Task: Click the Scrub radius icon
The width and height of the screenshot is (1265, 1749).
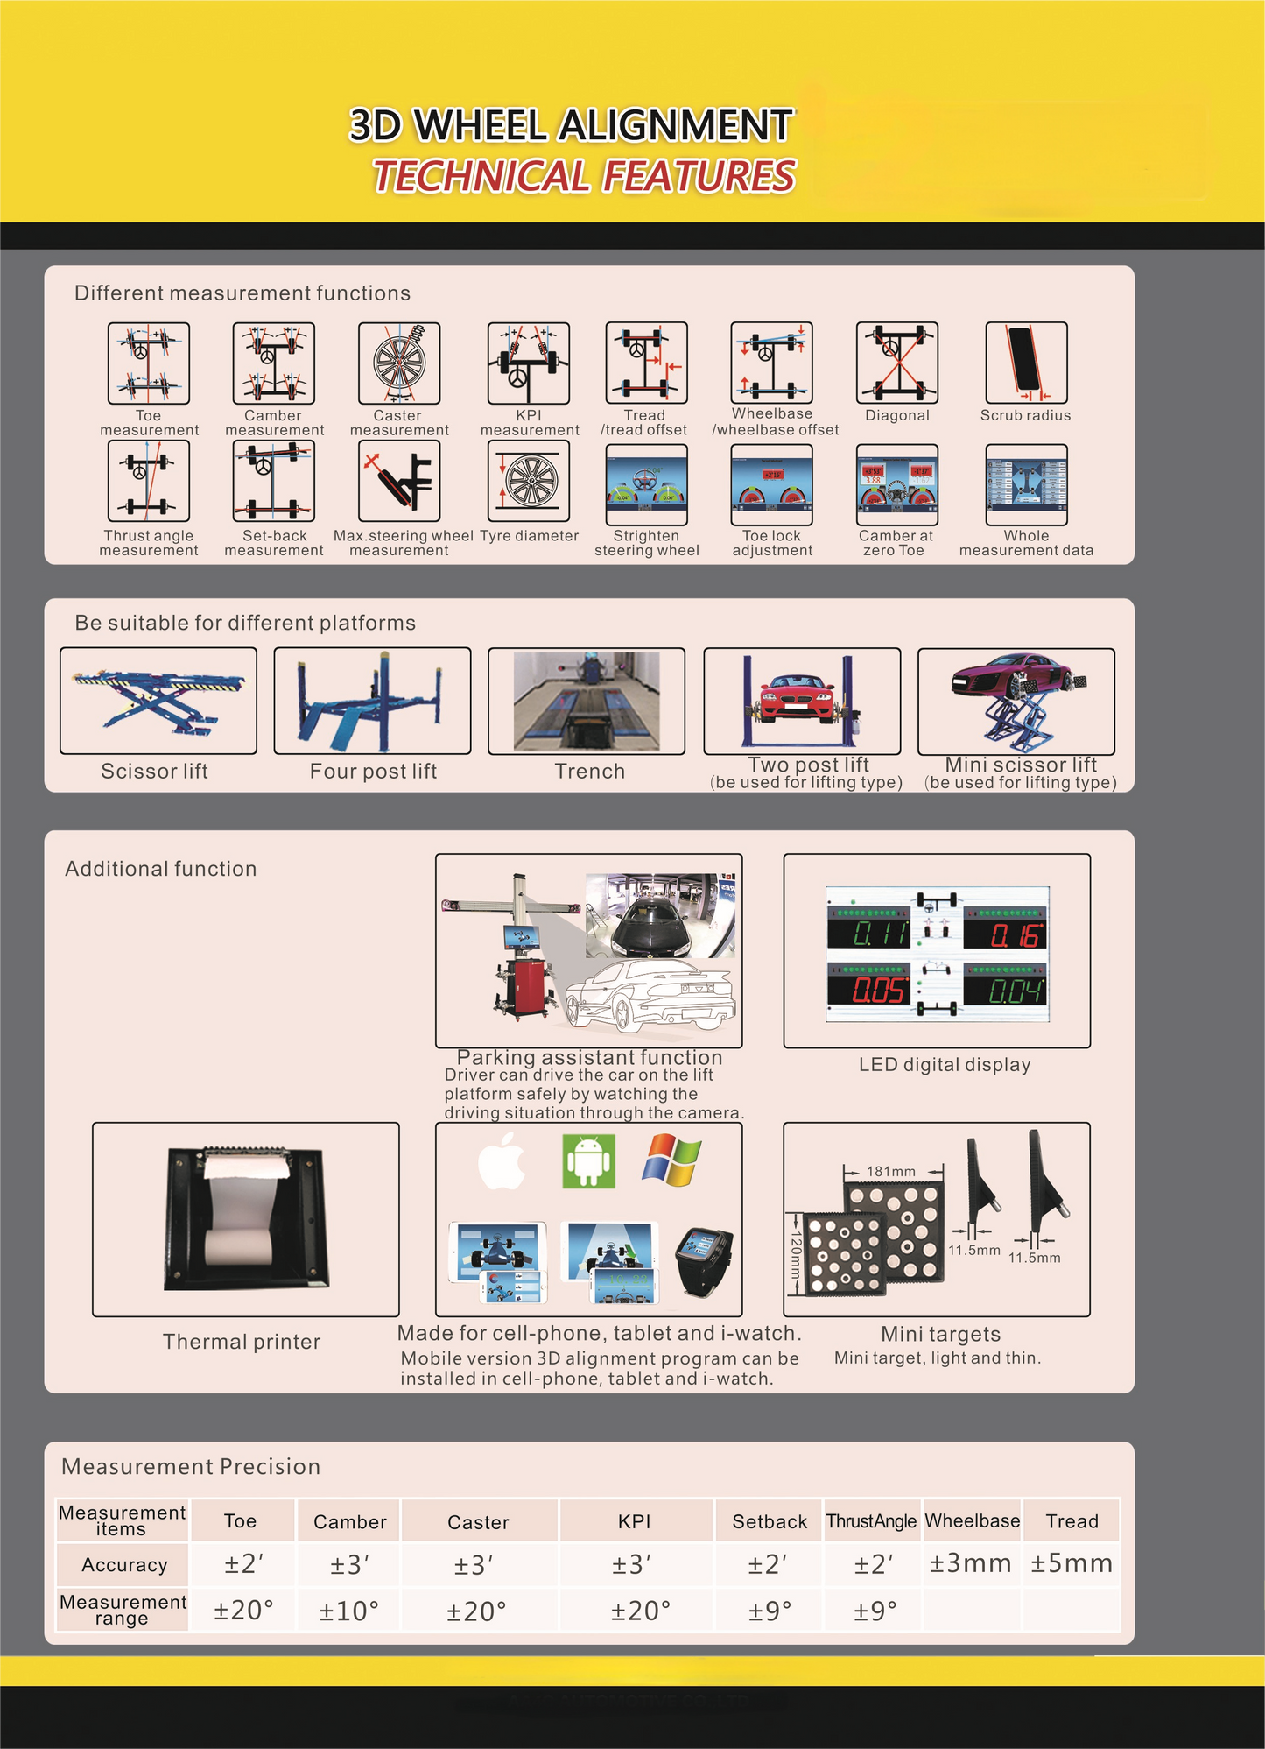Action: [x=1026, y=363]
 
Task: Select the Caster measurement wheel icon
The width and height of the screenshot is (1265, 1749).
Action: [x=399, y=363]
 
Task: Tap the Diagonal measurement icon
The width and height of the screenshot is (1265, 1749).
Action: [x=897, y=363]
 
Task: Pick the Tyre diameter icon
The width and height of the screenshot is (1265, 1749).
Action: [x=529, y=481]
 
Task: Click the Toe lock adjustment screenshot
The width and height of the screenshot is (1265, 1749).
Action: [x=772, y=485]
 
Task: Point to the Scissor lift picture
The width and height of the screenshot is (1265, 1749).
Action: [x=158, y=701]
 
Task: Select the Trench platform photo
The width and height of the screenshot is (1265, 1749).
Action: [x=587, y=701]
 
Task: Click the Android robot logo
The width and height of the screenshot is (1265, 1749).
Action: [x=588, y=1160]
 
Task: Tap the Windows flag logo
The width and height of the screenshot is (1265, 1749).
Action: [x=672, y=1160]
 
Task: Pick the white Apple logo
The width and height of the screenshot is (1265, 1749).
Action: [x=502, y=1160]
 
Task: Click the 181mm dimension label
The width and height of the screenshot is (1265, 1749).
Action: [x=891, y=1171]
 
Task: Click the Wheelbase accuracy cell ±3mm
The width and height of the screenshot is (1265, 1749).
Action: [x=971, y=1563]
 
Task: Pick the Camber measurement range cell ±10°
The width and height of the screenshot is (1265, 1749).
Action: [x=348, y=1611]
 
